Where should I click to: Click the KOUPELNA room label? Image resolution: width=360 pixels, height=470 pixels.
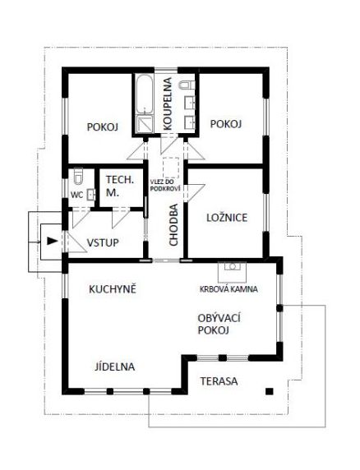point(168,104)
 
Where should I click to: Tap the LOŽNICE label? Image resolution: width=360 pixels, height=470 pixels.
point(227,218)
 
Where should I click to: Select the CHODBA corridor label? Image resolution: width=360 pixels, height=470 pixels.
point(173,225)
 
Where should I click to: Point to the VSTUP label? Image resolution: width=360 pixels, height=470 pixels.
point(103,242)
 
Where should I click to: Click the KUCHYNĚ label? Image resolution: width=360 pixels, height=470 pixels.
point(113,289)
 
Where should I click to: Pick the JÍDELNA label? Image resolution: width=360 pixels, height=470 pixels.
point(115,366)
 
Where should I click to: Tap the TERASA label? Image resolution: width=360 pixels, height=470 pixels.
point(219,381)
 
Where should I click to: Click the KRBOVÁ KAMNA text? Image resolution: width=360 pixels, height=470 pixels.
point(228,289)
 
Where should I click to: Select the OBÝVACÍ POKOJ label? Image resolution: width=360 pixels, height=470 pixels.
point(219,324)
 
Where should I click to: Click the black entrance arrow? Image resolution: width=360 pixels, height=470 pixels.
point(52,241)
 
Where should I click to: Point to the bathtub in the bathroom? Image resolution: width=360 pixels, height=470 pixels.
point(145,94)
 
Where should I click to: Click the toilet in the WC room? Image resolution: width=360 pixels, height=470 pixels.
point(78,176)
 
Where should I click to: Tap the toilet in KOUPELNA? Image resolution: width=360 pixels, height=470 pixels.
point(187,85)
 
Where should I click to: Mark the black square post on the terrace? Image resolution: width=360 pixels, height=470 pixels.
point(269,391)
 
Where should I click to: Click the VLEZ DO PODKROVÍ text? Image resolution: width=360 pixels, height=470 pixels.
point(165,185)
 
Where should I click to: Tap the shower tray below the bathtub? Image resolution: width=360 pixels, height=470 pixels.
point(145,124)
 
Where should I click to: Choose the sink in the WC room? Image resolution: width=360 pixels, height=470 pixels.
point(91,195)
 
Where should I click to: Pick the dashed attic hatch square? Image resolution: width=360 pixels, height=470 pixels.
point(171,168)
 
